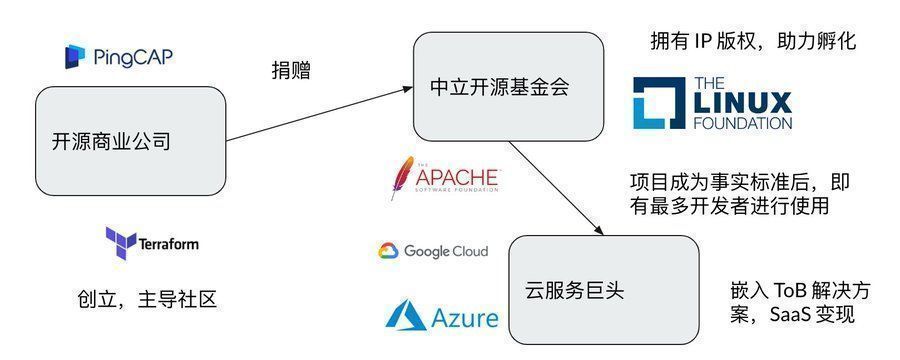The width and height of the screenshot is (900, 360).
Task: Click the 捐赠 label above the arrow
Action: click(291, 70)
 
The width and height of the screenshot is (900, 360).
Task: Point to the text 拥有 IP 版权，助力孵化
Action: click(753, 42)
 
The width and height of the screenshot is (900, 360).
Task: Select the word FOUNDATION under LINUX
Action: click(742, 124)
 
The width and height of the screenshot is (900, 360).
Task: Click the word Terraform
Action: click(168, 244)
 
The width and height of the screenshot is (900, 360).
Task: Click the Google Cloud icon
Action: click(388, 251)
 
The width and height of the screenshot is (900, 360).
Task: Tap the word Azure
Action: click(465, 319)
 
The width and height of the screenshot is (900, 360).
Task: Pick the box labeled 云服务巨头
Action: click(603, 290)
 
